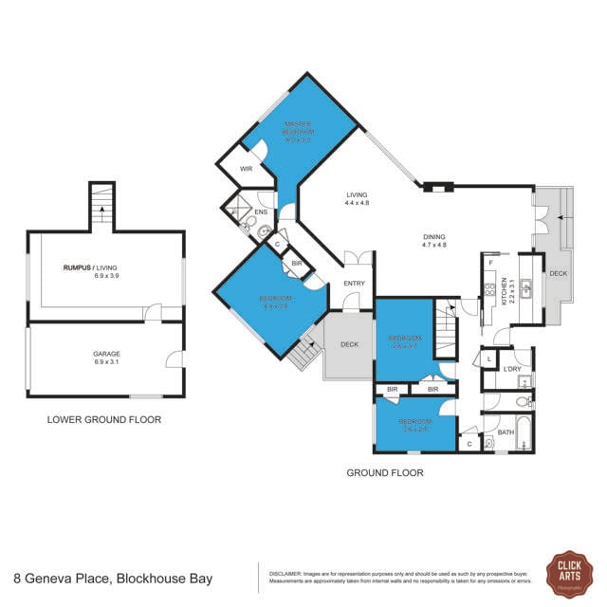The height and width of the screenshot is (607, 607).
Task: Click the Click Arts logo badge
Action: pos(569,575)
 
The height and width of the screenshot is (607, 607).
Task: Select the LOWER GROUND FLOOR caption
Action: pos(104,419)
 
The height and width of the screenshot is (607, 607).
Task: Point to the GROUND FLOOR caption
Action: pos(385,472)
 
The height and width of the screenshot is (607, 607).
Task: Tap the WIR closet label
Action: pos(245,169)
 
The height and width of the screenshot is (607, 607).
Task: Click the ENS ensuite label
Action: pos(261,212)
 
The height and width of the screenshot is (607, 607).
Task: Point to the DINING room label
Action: pos(433,240)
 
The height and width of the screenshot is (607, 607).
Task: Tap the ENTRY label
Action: pos(355,283)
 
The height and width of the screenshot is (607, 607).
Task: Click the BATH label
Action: pos(506,432)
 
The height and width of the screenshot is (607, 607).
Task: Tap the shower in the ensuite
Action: pos(235,211)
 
